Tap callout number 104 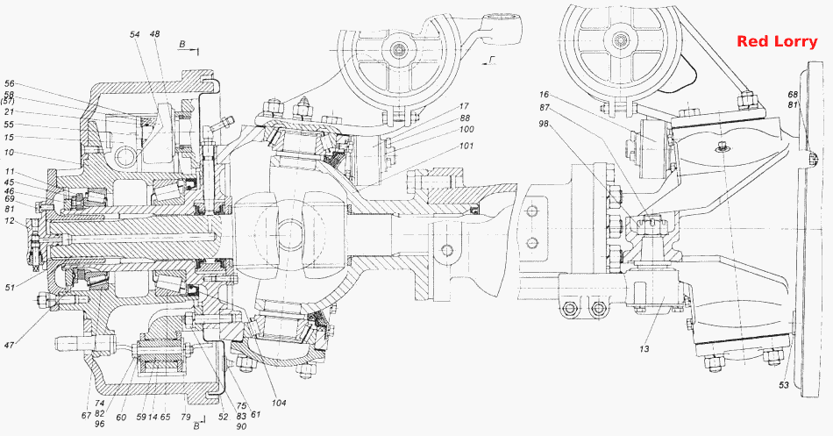pyautogui.click(x=278, y=403)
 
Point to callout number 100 pyautogui.click(x=466, y=129)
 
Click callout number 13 pyautogui.click(x=644, y=349)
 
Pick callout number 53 pyautogui.click(x=784, y=385)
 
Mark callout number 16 pyautogui.click(x=544, y=95)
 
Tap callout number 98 pyautogui.click(x=545, y=124)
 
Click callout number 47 pyautogui.click(x=9, y=345)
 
